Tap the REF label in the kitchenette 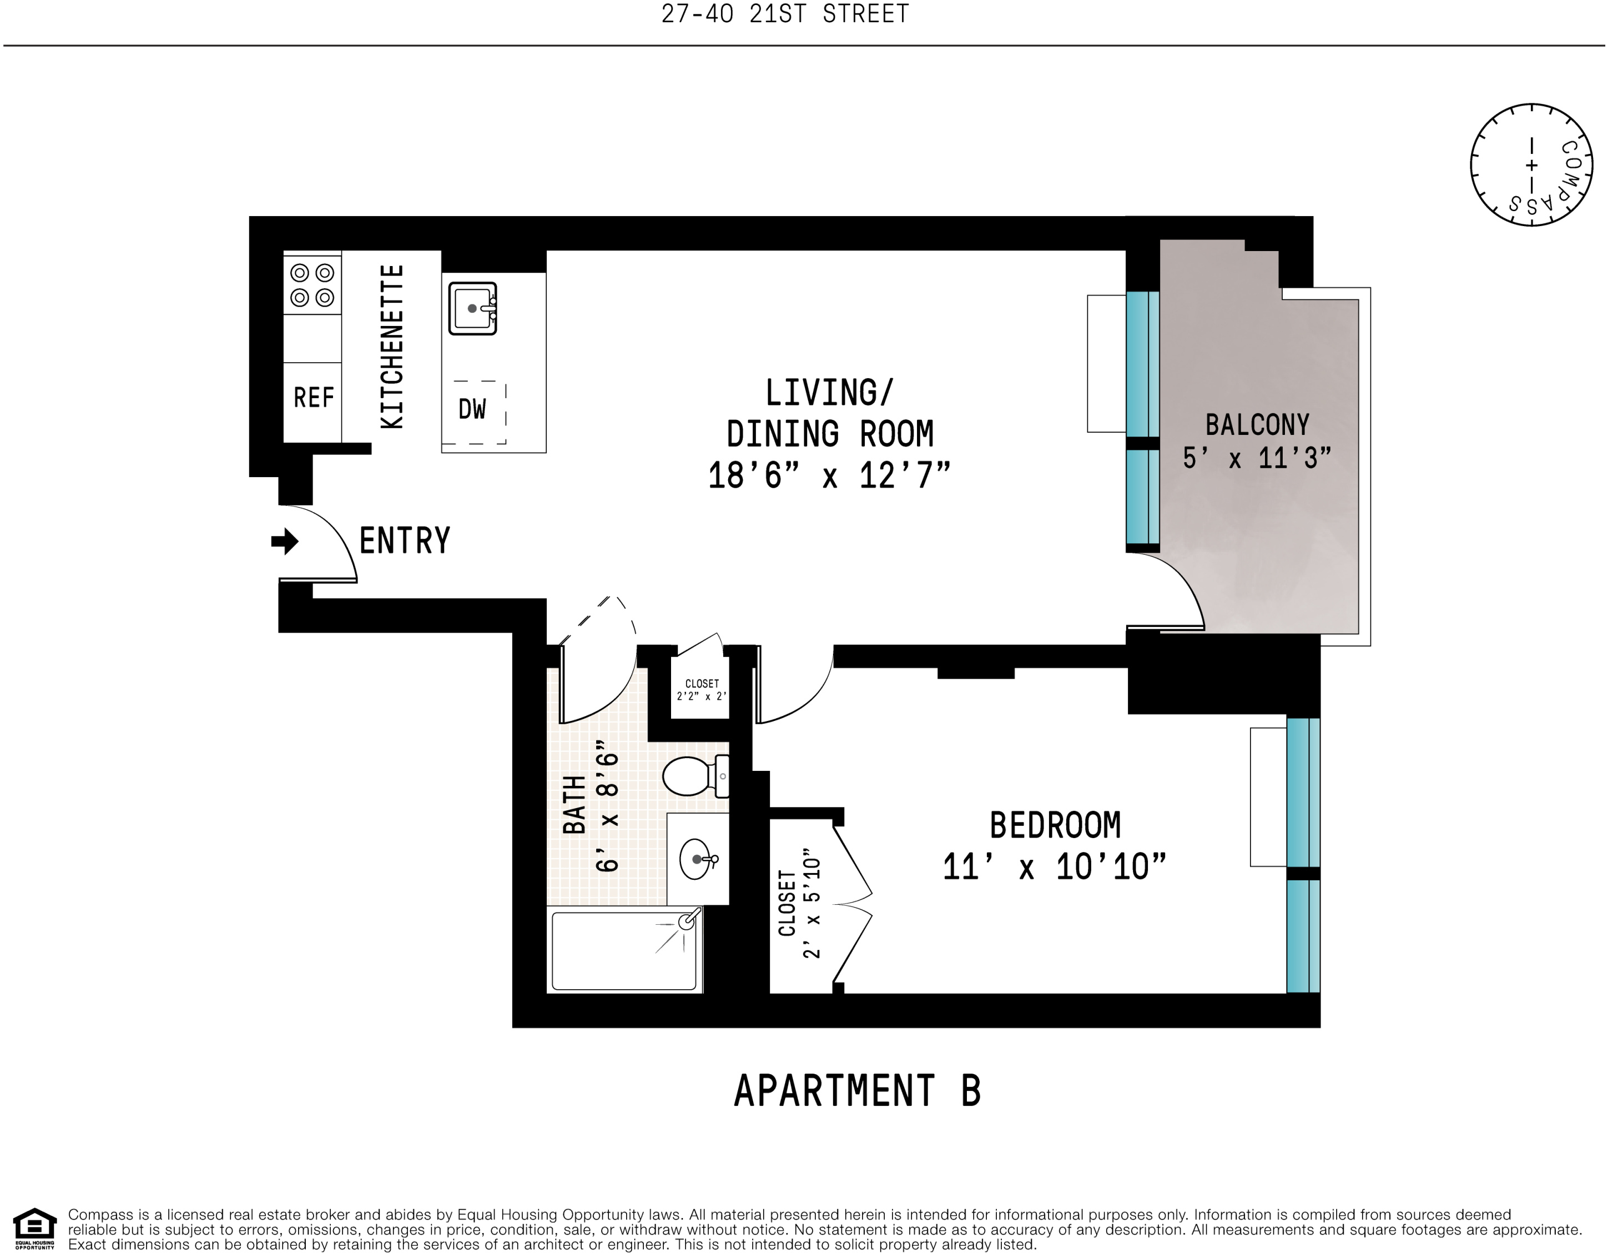[314, 398]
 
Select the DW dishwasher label [472, 409]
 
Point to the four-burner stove [312, 285]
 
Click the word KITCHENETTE [392, 346]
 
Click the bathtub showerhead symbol [688, 921]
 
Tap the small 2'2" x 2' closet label [702, 690]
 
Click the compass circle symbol [1531, 165]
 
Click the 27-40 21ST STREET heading [785, 14]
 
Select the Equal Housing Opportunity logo [34, 1228]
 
